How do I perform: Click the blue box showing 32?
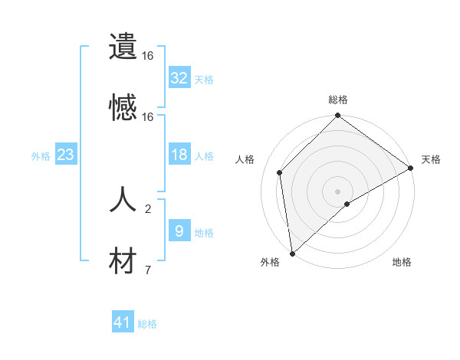(x=179, y=78)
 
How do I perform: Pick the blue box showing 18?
(x=179, y=155)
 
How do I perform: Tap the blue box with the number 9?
(x=179, y=231)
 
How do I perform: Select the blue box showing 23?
(x=65, y=155)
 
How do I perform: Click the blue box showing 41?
(x=123, y=323)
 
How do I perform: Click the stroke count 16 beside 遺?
(x=148, y=55)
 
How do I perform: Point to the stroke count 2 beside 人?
(x=148, y=208)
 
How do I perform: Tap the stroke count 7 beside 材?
(x=148, y=270)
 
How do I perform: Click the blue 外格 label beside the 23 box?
(x=41, y=156)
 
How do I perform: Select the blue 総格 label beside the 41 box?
(x=147, y=324)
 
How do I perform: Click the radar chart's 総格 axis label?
(x=338, y=100)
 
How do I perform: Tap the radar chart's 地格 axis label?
(x=402, y=263)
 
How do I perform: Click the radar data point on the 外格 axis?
(x=292, y=253)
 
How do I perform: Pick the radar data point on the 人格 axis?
(x=280, y=172)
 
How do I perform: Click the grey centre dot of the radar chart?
(x=338, y=191)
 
